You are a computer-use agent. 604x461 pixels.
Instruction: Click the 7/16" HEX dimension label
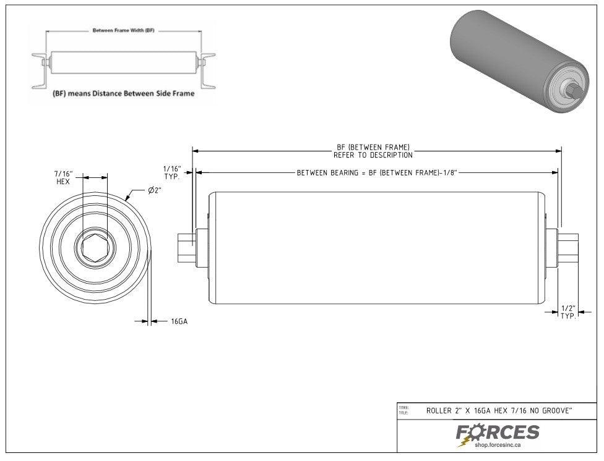click(x=64, y=178)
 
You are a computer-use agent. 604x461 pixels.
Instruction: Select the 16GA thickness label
click(x=179, y=321)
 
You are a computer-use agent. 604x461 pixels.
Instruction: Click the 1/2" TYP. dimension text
click(x=567, y=311)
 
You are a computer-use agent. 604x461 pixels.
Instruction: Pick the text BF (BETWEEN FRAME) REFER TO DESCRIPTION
click(x=373, y=151)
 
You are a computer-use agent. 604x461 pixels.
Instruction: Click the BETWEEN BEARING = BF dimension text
click(x=377, y=173)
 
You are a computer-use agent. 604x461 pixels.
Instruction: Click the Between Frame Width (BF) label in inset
click(x=123, y=30)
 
